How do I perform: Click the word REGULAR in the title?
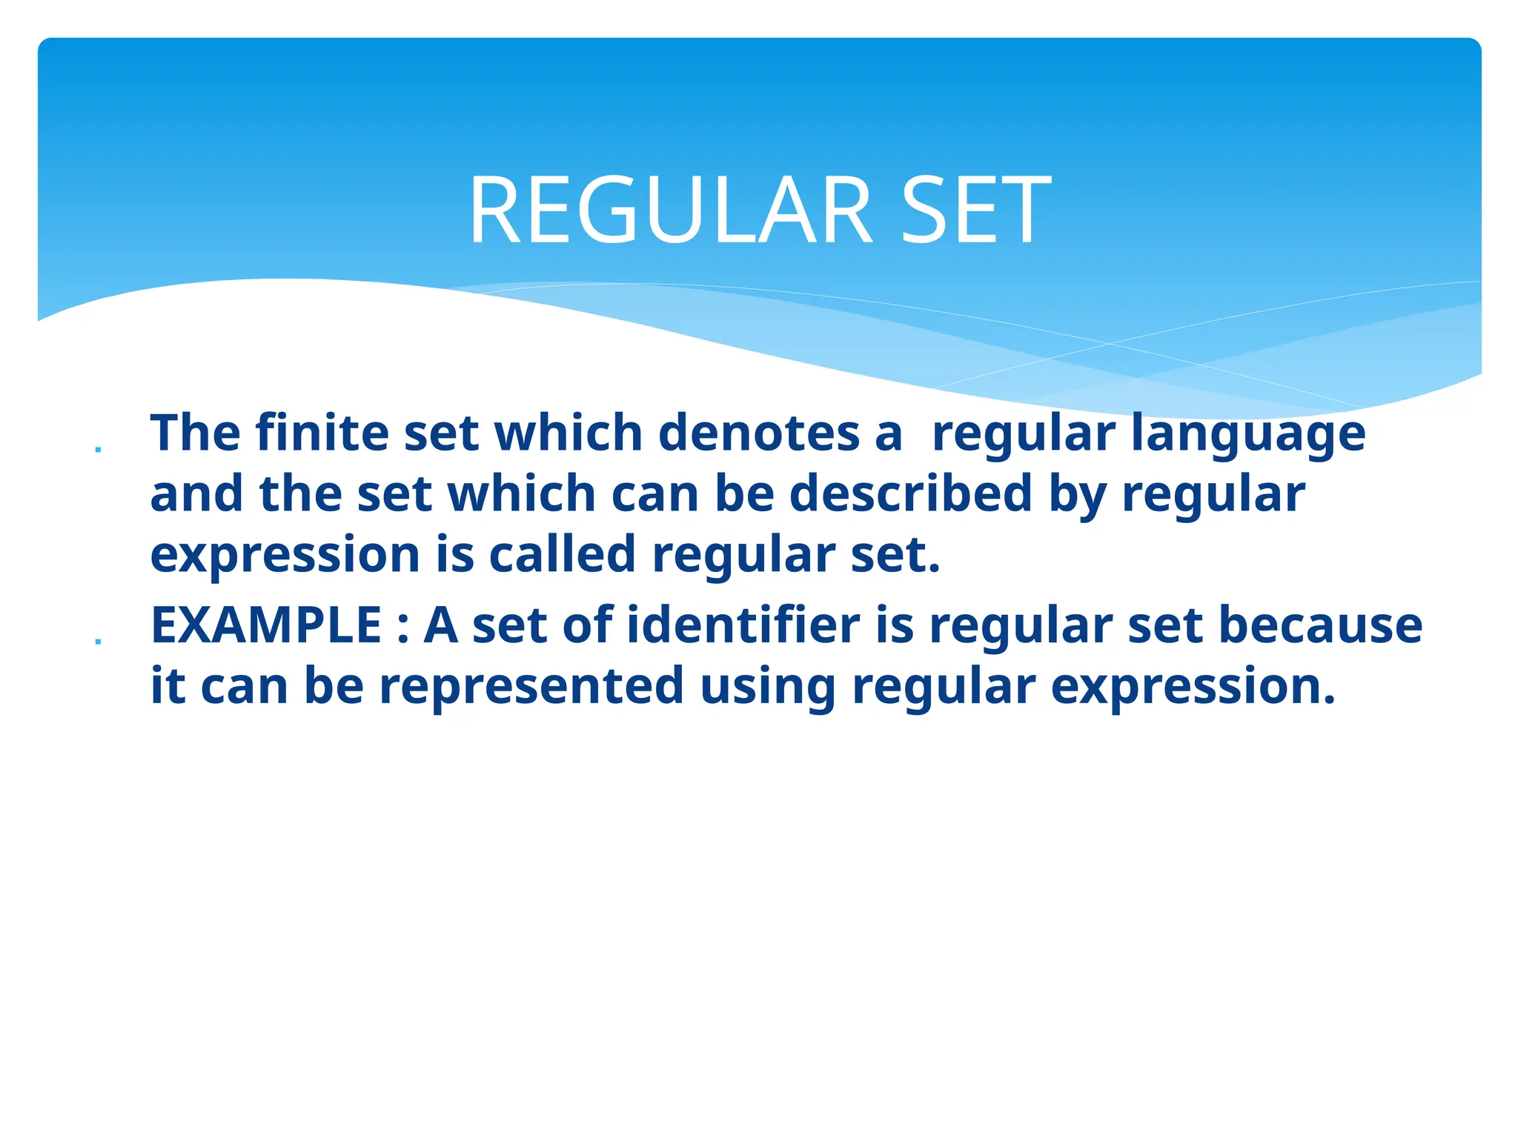pyautogui.click(x=671, y=210)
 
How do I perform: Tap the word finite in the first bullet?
pyautogui.click(x=322, y=433)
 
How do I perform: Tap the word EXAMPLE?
pyautogui.click(x=266, y=625)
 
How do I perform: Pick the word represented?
pyautogui.click(x=531, y=686)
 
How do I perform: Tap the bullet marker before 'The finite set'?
pyautogui.click(x=98, y=449)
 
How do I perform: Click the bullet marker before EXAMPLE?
pyautogui.click(x=98, y=642)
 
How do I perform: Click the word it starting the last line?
pyautogui.click(x=167, y=686)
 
